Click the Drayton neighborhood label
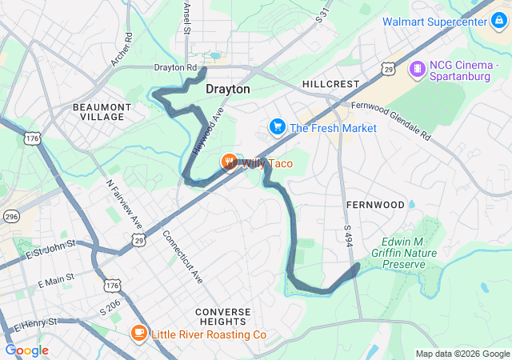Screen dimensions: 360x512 click(228, 89)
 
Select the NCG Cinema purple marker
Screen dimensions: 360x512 click(417, 70)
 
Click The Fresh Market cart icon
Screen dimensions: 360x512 click(278, 128)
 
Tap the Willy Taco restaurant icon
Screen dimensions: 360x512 click(230, 163)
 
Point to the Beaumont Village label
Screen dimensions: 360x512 click(98, 111)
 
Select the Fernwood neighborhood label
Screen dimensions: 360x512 click(375, 205)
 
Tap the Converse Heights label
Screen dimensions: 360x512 click(222, 317)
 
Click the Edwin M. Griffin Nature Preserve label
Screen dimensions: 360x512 click(413, 252)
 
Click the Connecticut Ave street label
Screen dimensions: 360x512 click(183, 256)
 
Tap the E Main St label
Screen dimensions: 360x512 click(56, 280)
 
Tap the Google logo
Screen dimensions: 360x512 click(27, 350)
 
